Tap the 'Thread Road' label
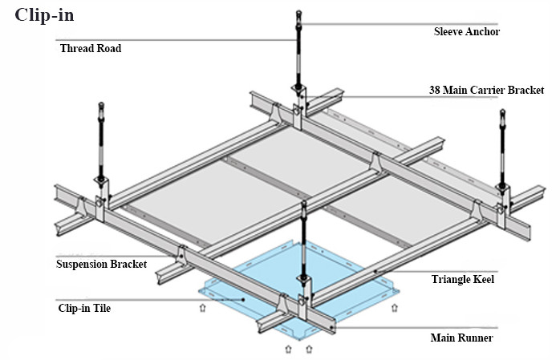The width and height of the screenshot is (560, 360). click(x=91, y=48)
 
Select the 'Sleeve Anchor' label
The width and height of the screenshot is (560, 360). click(x=466, y=32)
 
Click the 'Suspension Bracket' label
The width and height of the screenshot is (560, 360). click(x=102, y=264)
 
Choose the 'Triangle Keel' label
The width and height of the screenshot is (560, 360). click(x=462, y=279)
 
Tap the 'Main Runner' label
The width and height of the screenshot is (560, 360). click(x=461, y=338)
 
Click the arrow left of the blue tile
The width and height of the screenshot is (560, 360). click(x=203, y=306)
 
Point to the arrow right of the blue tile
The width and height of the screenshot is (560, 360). click(x=393, y=306)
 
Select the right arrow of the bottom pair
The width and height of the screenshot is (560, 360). click(x=310, y=349)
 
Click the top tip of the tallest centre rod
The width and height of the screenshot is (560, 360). click(x=298, y=13)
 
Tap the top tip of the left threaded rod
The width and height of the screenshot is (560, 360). click(x=101, y=104)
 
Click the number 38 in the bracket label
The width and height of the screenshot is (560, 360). click(x=435, y=90)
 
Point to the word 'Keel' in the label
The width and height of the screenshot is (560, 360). click(x=481, y=279)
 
